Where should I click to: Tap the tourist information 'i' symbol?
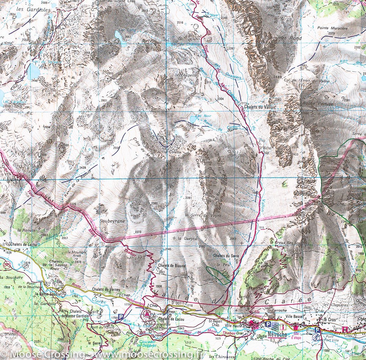click(x=283, y=326)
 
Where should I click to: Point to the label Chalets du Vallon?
click(x=259, y=107)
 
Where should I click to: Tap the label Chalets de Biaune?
click(x=172, y=266)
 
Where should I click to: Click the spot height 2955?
click(x=110, y=74)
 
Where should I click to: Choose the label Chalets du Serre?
click(x=226, y=256)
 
